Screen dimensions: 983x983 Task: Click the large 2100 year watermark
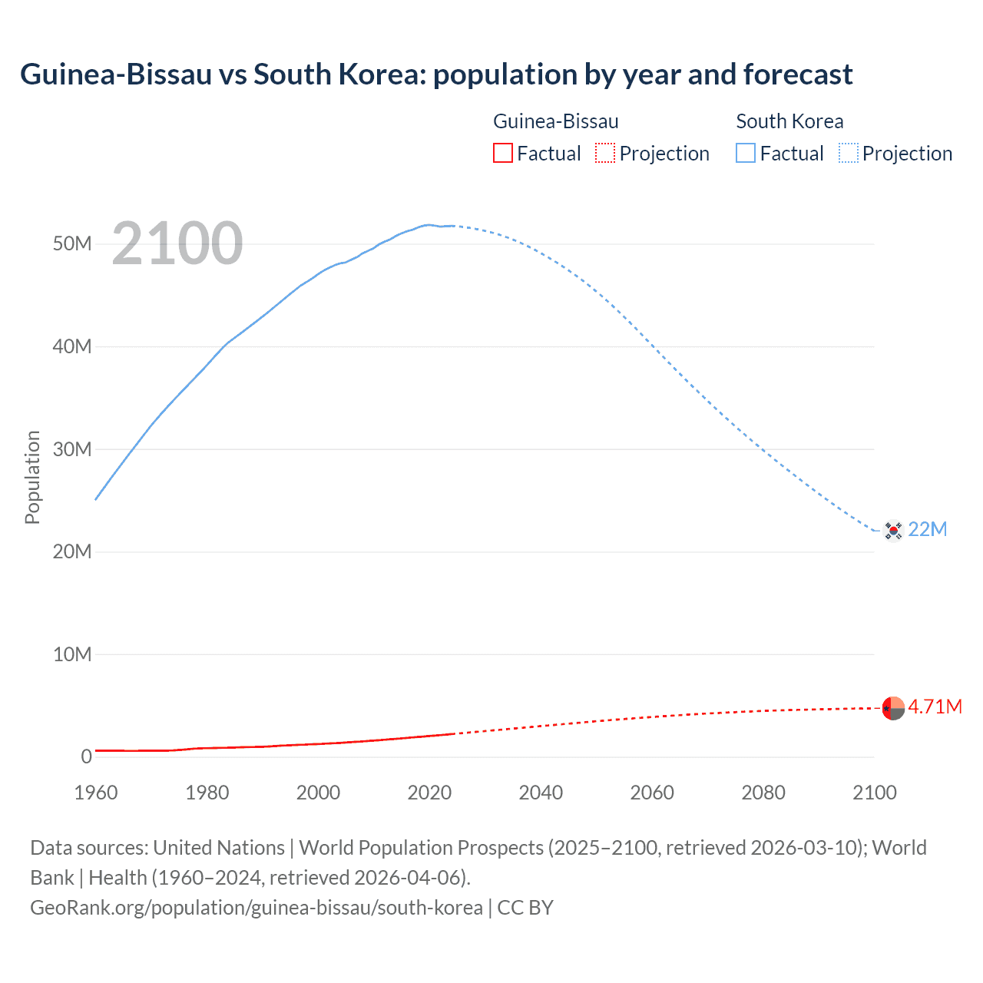tap(177, 243)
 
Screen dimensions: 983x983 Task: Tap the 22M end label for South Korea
tap(927, 529)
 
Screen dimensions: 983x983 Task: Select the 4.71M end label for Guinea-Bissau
tap(935, 707)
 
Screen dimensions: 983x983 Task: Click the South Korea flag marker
tap(892, 530)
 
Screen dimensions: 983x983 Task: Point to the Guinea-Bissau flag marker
tap(893, 708)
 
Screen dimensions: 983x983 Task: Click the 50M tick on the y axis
tap(72, 244)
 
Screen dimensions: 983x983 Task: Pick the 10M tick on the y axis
tap(72, 654)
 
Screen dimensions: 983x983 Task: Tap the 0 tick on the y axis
tap(86, 756)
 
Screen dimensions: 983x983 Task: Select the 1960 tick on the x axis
tap(96, 793)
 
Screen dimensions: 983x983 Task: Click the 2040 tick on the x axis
tap(541, 793)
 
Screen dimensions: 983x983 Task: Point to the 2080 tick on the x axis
tap(763, 793)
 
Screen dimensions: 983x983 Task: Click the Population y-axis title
tap(32, 477)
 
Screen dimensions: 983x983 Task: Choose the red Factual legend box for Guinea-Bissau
tap(502, 153)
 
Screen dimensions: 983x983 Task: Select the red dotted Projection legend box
tap(605, 153)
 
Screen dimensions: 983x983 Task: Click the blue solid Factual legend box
tap(745, 153)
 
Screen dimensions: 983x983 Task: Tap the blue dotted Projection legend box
tap(849, 153)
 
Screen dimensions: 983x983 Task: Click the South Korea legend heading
tap(789, 121)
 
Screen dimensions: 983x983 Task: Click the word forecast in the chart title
tap(798, 74)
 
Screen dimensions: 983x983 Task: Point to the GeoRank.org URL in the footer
tap(257, 908)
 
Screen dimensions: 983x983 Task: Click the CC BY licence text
tap(525, 908)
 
